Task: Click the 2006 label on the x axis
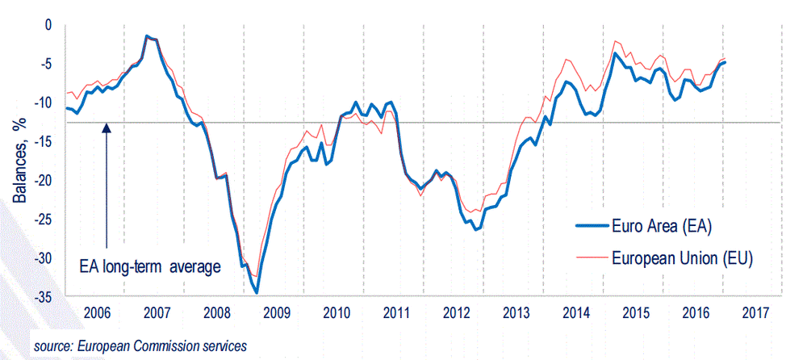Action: [96, 312]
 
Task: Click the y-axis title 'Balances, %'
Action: [17, 161]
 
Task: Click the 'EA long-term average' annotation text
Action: [149, 266]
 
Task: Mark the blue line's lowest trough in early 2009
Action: [257, 292]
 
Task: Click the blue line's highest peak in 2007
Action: [146, 36]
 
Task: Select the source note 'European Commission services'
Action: [140, 345]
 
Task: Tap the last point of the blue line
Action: [724, 62]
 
